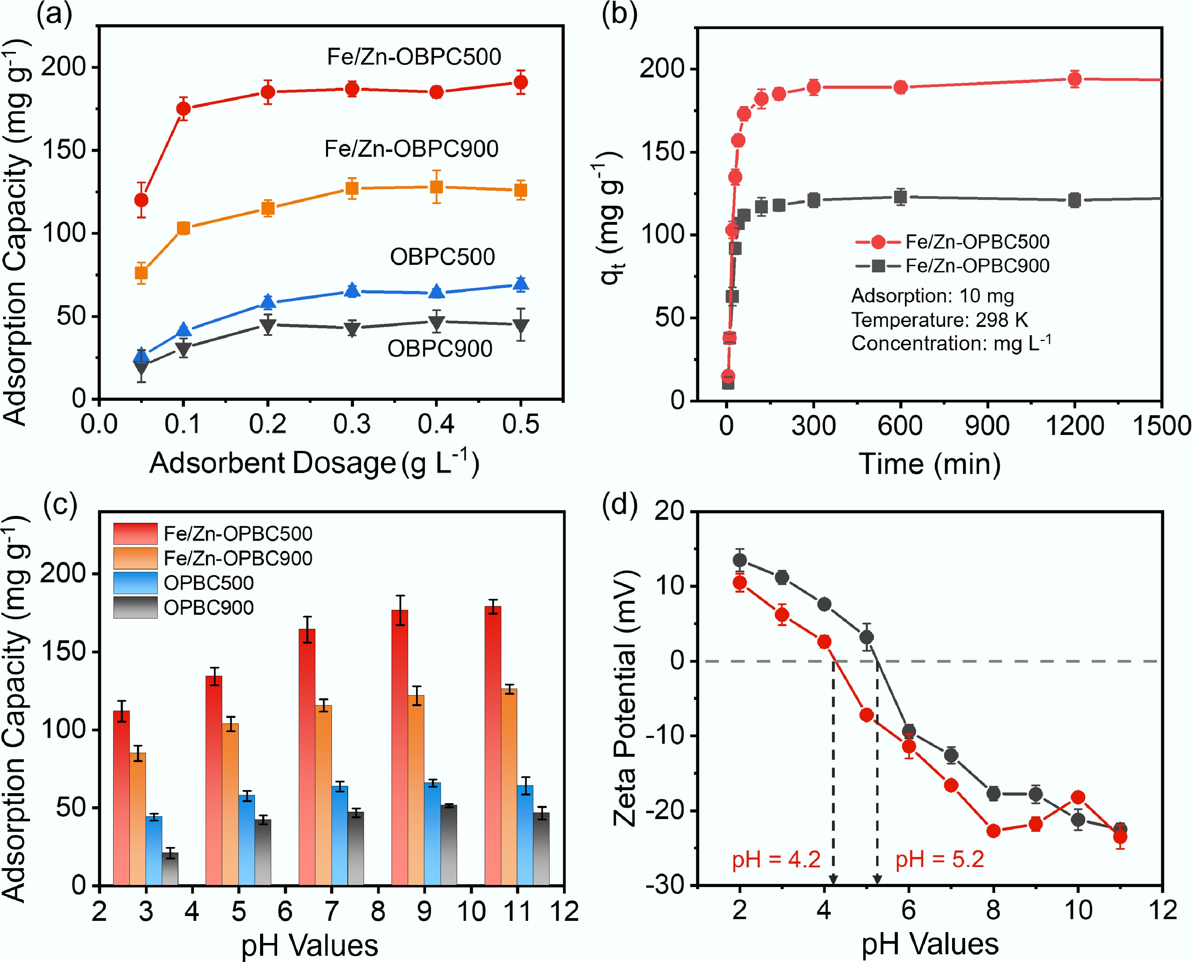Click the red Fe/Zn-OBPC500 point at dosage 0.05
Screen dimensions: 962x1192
pyautogui.click(x=141, y=200)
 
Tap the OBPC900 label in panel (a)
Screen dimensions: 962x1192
pyautogui.click(x=440, y=348)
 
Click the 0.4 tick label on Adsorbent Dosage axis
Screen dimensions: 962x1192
pyautogui.click(x=436, y=424)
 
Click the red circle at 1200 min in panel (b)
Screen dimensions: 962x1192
pyautogui.click(x=1074, y=79)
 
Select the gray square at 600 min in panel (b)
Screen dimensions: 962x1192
pyautogui.click(x=901, y=197)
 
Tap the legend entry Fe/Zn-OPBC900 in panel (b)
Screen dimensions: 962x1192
pyautogui.click(x=977, y=266)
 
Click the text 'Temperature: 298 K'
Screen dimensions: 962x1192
pyautogui.click(x=939, y=320)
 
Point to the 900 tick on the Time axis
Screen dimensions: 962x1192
pyautogui.click(x=987, y=426)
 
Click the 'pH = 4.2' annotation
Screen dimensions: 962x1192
pyautogui.click(x=776, y=859)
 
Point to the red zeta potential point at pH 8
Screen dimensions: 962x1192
pyautogui.click(x=993, y=831)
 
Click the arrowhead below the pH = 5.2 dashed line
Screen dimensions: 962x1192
pyautogui.click(x=877, y=880)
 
